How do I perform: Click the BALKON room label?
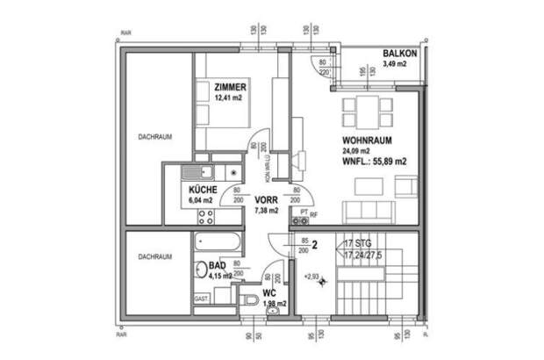[399, 54]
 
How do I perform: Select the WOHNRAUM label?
[366, 140]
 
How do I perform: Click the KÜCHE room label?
[203, 190]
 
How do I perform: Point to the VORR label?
[266, 199]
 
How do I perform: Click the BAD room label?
[217, 264]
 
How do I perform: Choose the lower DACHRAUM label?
[154, 257]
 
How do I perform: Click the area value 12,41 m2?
[230, 98]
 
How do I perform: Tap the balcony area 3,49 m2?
[399, 65]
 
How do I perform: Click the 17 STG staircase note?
[360, 241]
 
